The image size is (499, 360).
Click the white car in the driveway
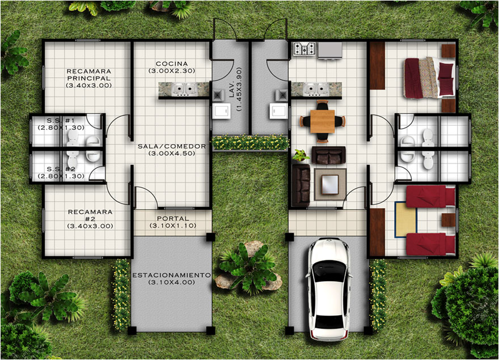(x=328, y=289)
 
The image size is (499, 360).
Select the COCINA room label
(x=171, y=63)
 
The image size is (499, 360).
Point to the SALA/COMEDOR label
(x=171, y=146)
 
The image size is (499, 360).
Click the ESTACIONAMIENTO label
(x=171, y=275)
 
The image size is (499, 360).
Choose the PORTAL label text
(x=173, y=219)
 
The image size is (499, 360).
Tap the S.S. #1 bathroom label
(x=61, y=121)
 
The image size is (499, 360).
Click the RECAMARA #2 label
(x=90, y=215)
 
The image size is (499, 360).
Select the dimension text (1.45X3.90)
(x=239, y=89)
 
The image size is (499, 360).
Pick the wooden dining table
(x=323, y=121)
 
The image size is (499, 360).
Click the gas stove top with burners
(x=304, y=49)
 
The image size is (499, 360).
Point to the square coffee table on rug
(x=330, y=185)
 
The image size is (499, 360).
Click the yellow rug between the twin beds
(x=406, y=219)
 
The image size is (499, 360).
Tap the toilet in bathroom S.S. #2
(x=73, y=159)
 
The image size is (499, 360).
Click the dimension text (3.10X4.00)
(x=171, y=282)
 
